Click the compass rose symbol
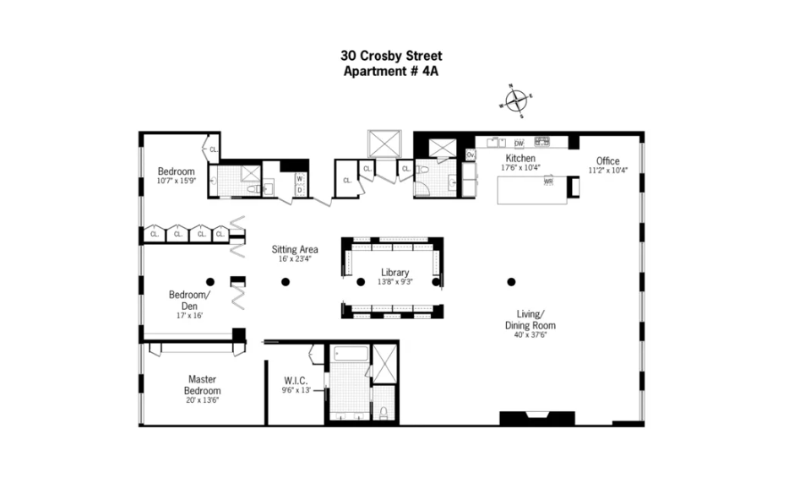tap(515, 101)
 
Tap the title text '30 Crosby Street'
tap(391, 57)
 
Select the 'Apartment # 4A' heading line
tap(391, 72)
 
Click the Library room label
tap(394, 272)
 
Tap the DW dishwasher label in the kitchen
tap(519, 143)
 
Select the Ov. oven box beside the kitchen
tap(471, 155)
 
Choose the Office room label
tap(607, 160)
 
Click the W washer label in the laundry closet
tap(299, 178)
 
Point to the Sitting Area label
tap(294, 249)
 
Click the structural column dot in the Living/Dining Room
tap(510, 282)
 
